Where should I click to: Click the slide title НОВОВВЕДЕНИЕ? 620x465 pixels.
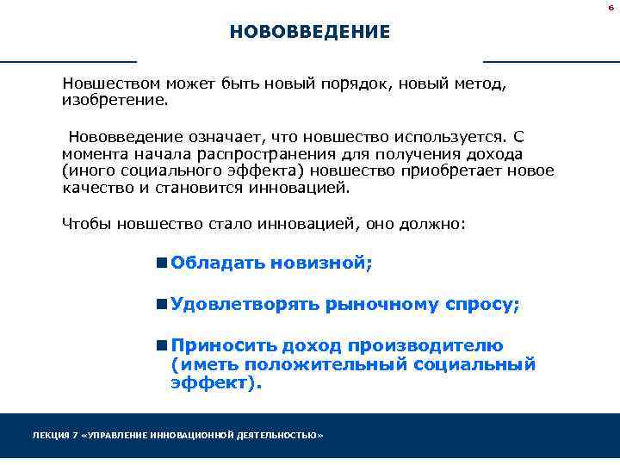click(x=309, y=33)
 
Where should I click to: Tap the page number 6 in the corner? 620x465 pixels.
click(x=611, y=7)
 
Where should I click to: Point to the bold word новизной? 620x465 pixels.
click(x=321, y=263)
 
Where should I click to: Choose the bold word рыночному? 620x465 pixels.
click(x=381, y=305)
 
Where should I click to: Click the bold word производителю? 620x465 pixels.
click(x=425, y=346)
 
